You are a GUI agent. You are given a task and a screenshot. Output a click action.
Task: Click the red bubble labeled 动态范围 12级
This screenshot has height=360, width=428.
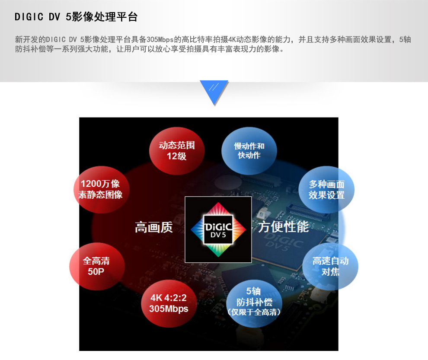coord(177,151)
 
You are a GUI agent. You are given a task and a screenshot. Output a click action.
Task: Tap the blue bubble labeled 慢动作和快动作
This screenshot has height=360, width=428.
coord(249,151)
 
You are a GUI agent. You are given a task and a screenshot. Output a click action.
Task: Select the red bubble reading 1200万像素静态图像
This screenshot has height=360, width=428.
coord(101,189)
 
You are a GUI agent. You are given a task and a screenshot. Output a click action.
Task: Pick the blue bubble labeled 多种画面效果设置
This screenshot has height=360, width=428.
coord(326,189)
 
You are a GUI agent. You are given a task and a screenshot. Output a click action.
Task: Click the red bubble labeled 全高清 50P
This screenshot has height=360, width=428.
coord(97,266)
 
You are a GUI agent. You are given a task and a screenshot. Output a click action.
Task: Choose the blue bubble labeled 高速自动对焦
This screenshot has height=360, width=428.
coord(330,266)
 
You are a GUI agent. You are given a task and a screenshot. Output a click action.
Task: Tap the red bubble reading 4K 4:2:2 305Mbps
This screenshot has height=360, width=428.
coord(169,303)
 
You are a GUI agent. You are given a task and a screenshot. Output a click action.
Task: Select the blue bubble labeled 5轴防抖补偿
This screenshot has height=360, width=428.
coord(254,303)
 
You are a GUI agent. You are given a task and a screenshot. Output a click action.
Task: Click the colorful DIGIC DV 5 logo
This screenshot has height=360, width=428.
coord(218,229)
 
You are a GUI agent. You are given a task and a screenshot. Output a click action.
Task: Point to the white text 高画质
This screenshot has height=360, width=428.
coord(153,227)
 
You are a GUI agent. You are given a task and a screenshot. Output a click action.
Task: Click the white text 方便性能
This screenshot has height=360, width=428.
coord(283,227)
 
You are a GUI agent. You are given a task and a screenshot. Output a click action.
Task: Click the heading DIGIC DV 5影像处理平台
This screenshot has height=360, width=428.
coord(76,17)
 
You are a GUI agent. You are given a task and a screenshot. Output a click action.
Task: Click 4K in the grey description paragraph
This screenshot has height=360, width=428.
coord(232,40)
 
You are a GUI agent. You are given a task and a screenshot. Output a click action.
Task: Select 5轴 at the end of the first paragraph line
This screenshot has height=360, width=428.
coord(405,40)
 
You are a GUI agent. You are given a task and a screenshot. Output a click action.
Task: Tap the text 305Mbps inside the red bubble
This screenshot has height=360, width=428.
coord(169,309)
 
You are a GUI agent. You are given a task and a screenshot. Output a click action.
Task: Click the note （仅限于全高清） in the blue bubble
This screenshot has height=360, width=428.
coord(254,312)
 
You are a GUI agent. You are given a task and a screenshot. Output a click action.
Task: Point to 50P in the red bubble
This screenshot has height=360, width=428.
coord(96,271)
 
